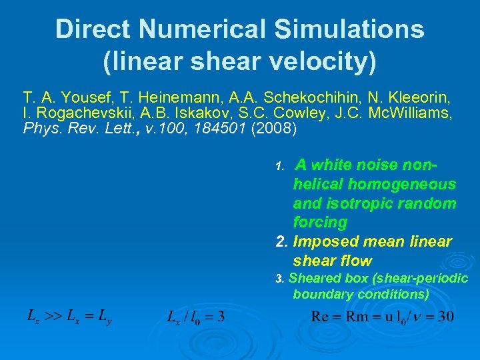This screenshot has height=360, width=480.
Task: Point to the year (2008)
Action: click(274, 128)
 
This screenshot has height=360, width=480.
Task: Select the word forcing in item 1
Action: click(320, 222)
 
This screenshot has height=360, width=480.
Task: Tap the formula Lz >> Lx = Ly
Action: click(69, 315)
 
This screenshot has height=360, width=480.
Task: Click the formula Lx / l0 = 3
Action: click(195, 316)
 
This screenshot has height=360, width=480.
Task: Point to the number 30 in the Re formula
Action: click(446, 315)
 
